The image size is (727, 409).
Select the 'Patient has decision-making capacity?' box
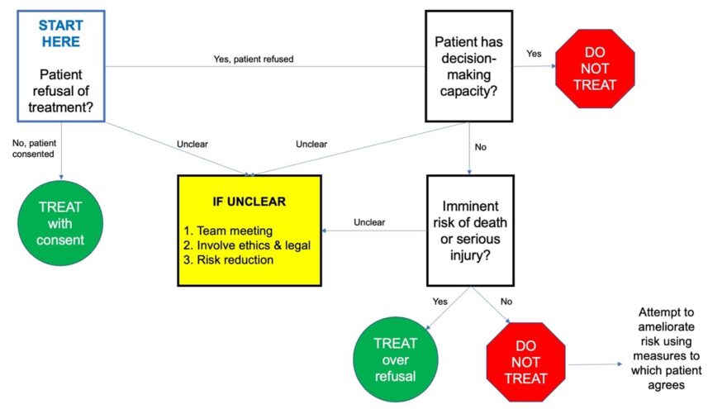tap(468, 67)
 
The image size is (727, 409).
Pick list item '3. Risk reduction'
tap(235, 260)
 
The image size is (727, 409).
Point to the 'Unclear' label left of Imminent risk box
tap(369, 222)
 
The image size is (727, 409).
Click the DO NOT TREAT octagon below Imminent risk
tap(525, 361)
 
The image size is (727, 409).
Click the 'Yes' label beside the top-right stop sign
tap(534, 54)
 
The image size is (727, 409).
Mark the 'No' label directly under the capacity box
tap(480, 148)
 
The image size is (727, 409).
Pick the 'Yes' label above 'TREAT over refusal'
tap(440, 301)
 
